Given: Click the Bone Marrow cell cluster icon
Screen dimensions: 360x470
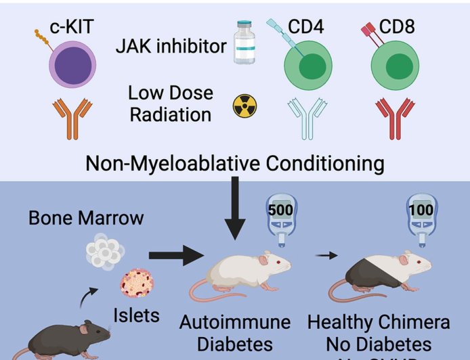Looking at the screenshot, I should point(104,251).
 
